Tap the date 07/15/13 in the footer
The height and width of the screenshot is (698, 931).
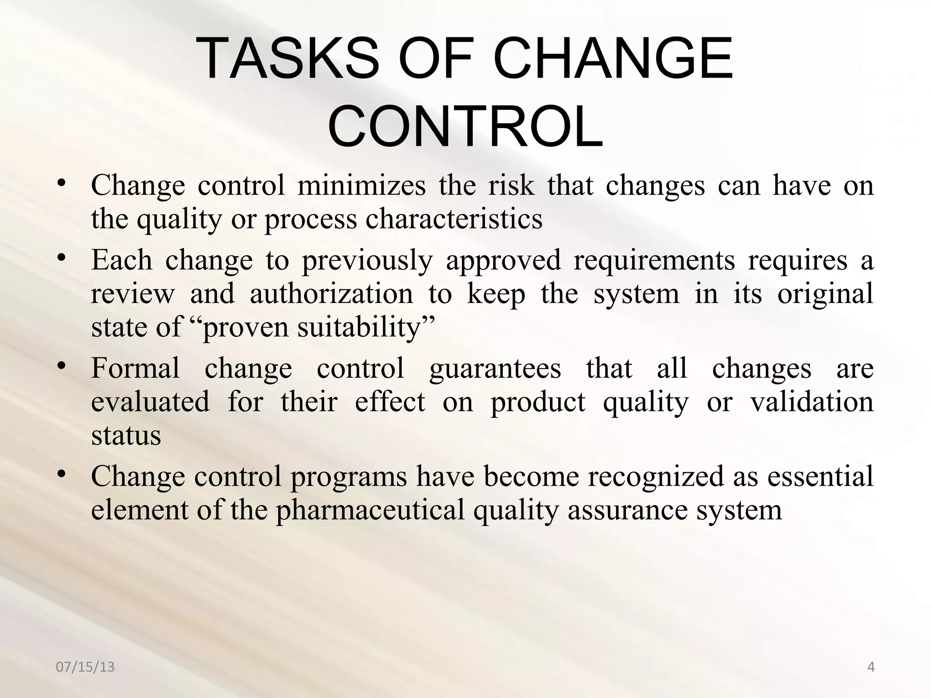85,667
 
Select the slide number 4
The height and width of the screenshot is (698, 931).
871,667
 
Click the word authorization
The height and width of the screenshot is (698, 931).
331,294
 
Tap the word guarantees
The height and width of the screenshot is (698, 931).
495,368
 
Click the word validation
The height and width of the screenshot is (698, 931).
811,402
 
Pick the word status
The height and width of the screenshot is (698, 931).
126,435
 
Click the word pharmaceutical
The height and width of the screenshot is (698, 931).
370,510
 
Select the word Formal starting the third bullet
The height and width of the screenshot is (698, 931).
135,368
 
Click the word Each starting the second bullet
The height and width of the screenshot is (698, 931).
121,260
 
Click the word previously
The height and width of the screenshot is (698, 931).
367,261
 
